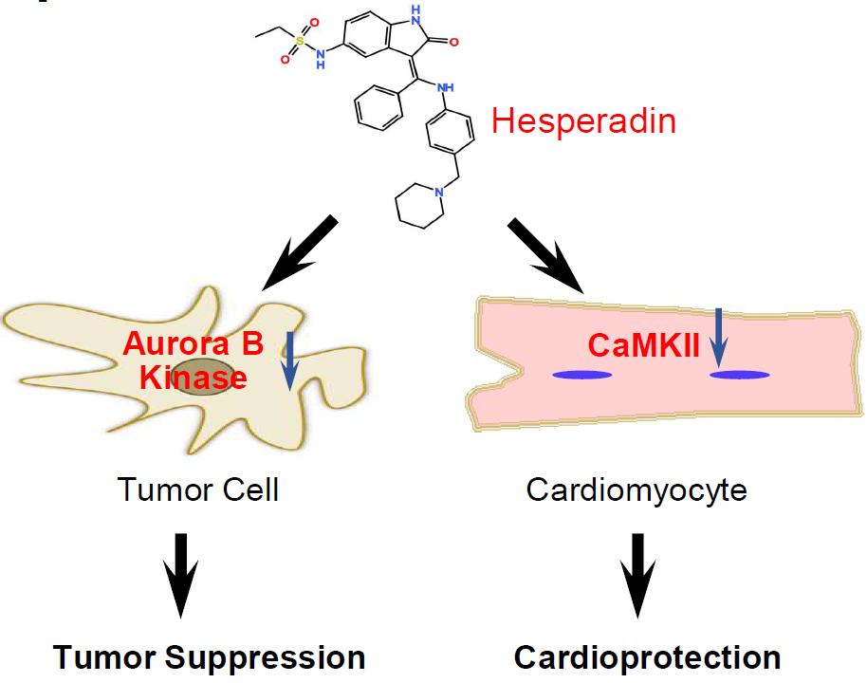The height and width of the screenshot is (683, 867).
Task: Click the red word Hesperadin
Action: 583,121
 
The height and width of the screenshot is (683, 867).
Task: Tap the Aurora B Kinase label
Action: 193,361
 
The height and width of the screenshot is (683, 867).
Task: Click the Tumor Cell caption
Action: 198,490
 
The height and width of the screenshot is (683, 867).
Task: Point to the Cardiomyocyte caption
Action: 636,490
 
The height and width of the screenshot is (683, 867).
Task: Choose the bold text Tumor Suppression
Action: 210,657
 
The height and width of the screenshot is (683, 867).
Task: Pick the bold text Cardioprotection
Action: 648,657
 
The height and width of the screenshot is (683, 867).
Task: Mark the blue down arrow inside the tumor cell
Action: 291,361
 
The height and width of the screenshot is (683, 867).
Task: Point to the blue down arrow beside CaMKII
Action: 718,338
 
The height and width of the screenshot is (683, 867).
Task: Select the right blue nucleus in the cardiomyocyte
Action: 741,375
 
